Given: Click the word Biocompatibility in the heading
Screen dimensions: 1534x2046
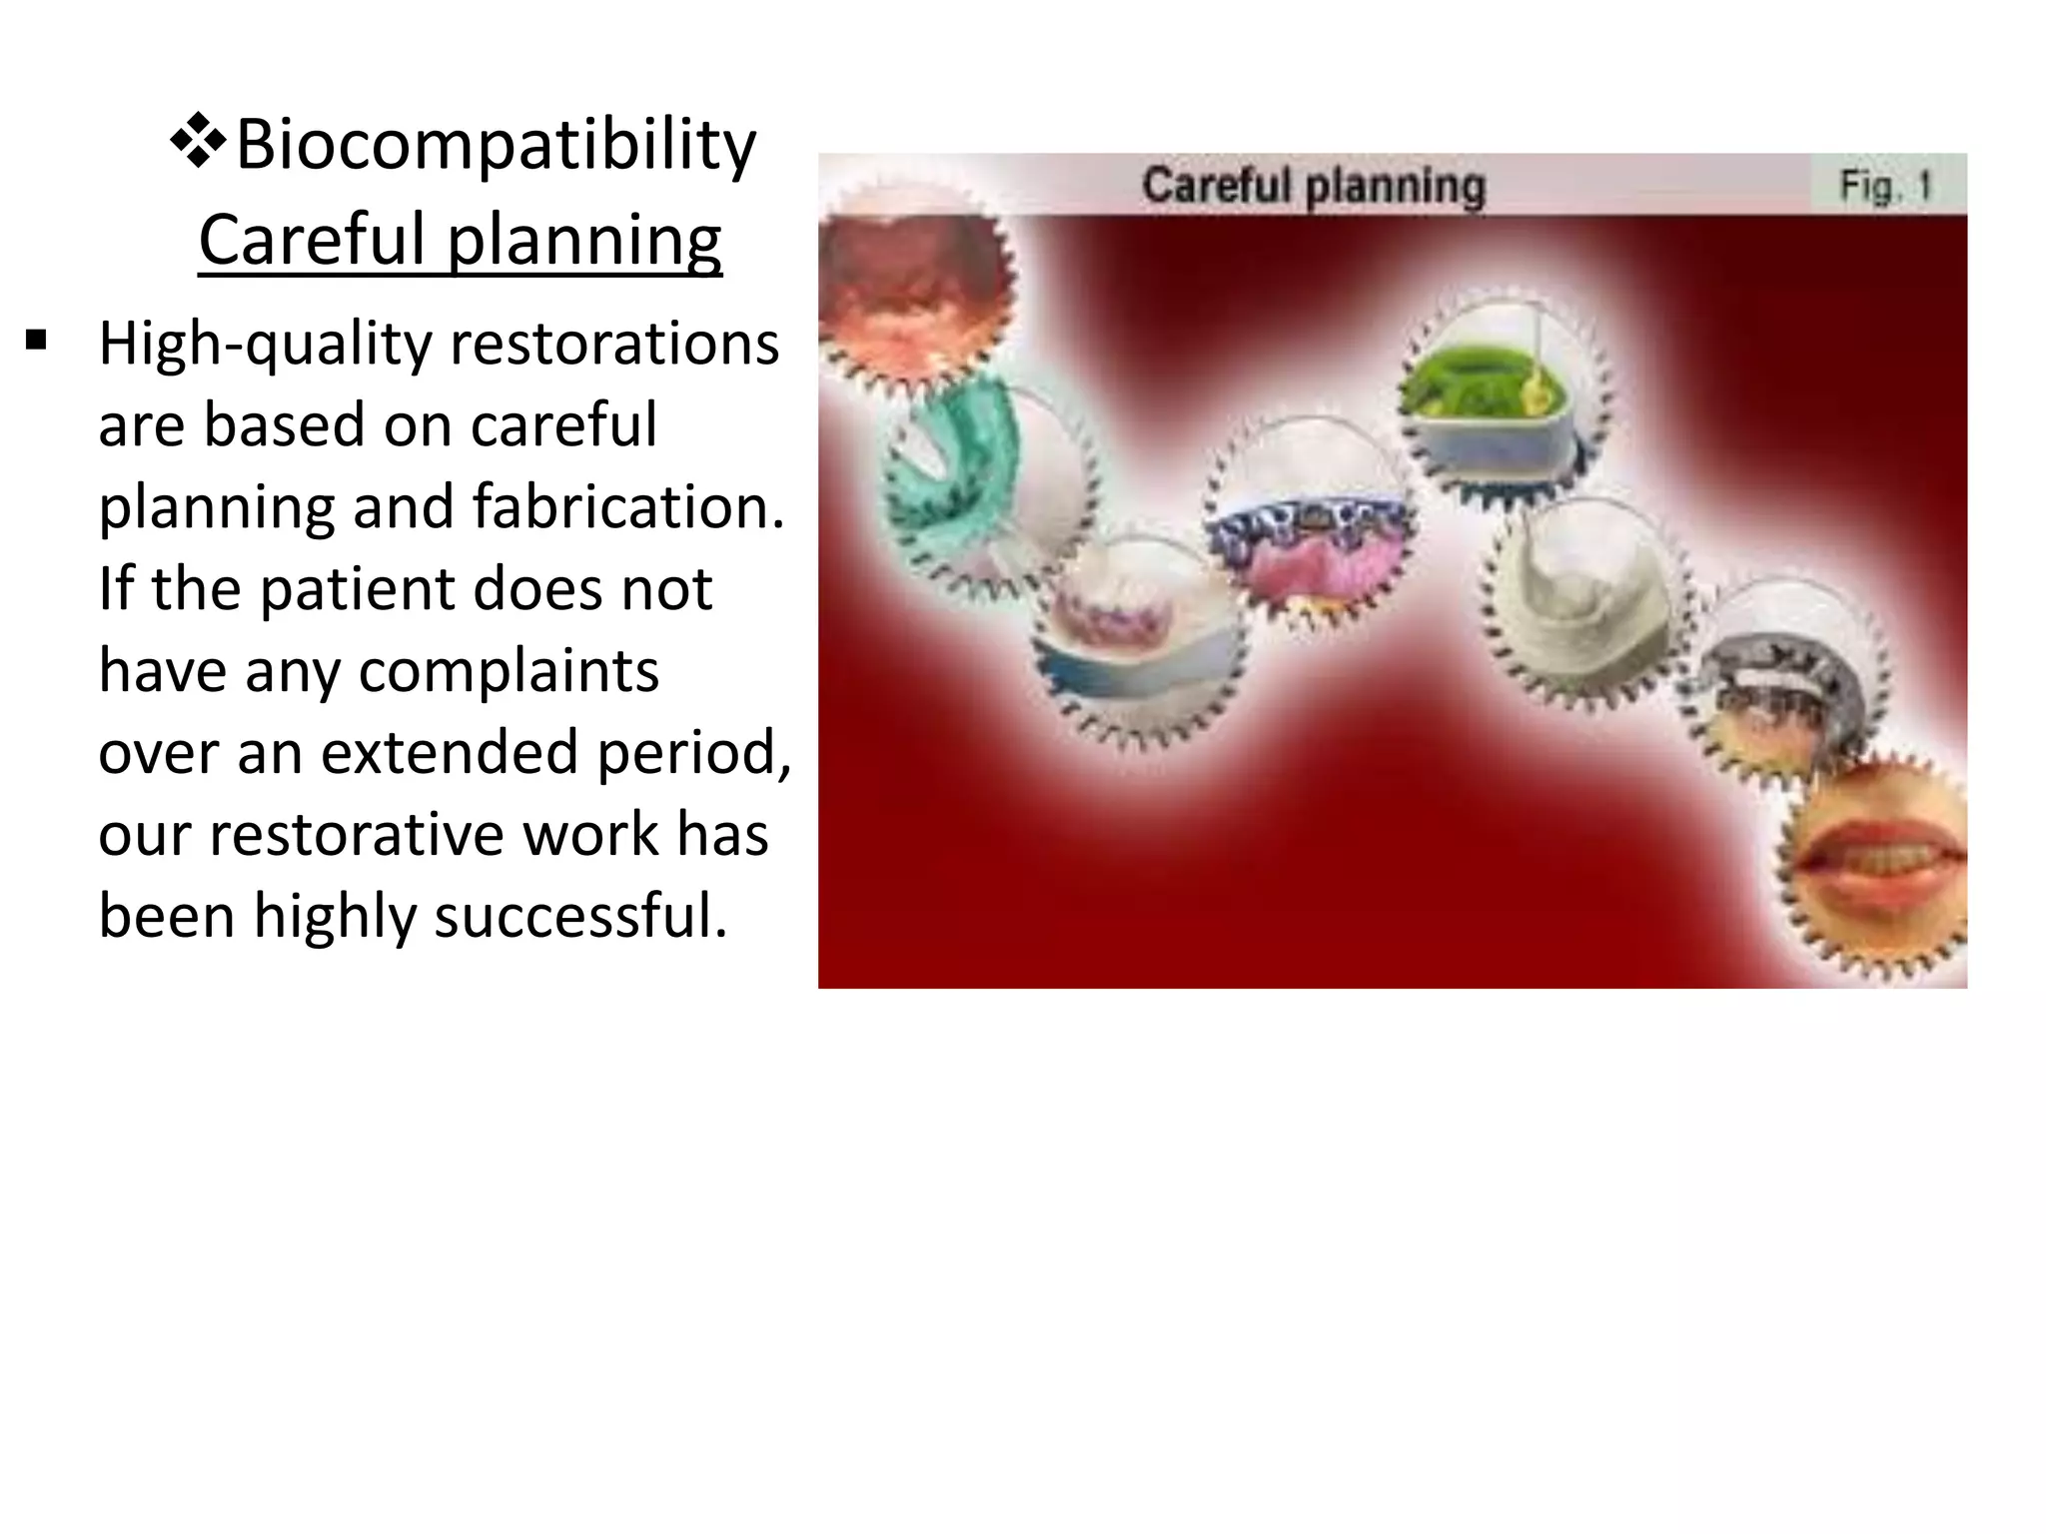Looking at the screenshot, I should [x=496, y=146].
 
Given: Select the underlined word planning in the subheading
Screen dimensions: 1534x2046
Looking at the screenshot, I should [x=583, y=241].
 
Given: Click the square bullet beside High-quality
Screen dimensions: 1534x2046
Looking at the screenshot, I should [x=37, y=342].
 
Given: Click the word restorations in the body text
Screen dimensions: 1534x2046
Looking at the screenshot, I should [x=614, y=345].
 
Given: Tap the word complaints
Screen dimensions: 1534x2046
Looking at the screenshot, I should [x=509, y=670].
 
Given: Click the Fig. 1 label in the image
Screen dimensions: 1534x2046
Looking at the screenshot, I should [x=1886, y=186].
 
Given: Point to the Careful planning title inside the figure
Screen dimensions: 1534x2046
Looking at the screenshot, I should [x=1314, y=186].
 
